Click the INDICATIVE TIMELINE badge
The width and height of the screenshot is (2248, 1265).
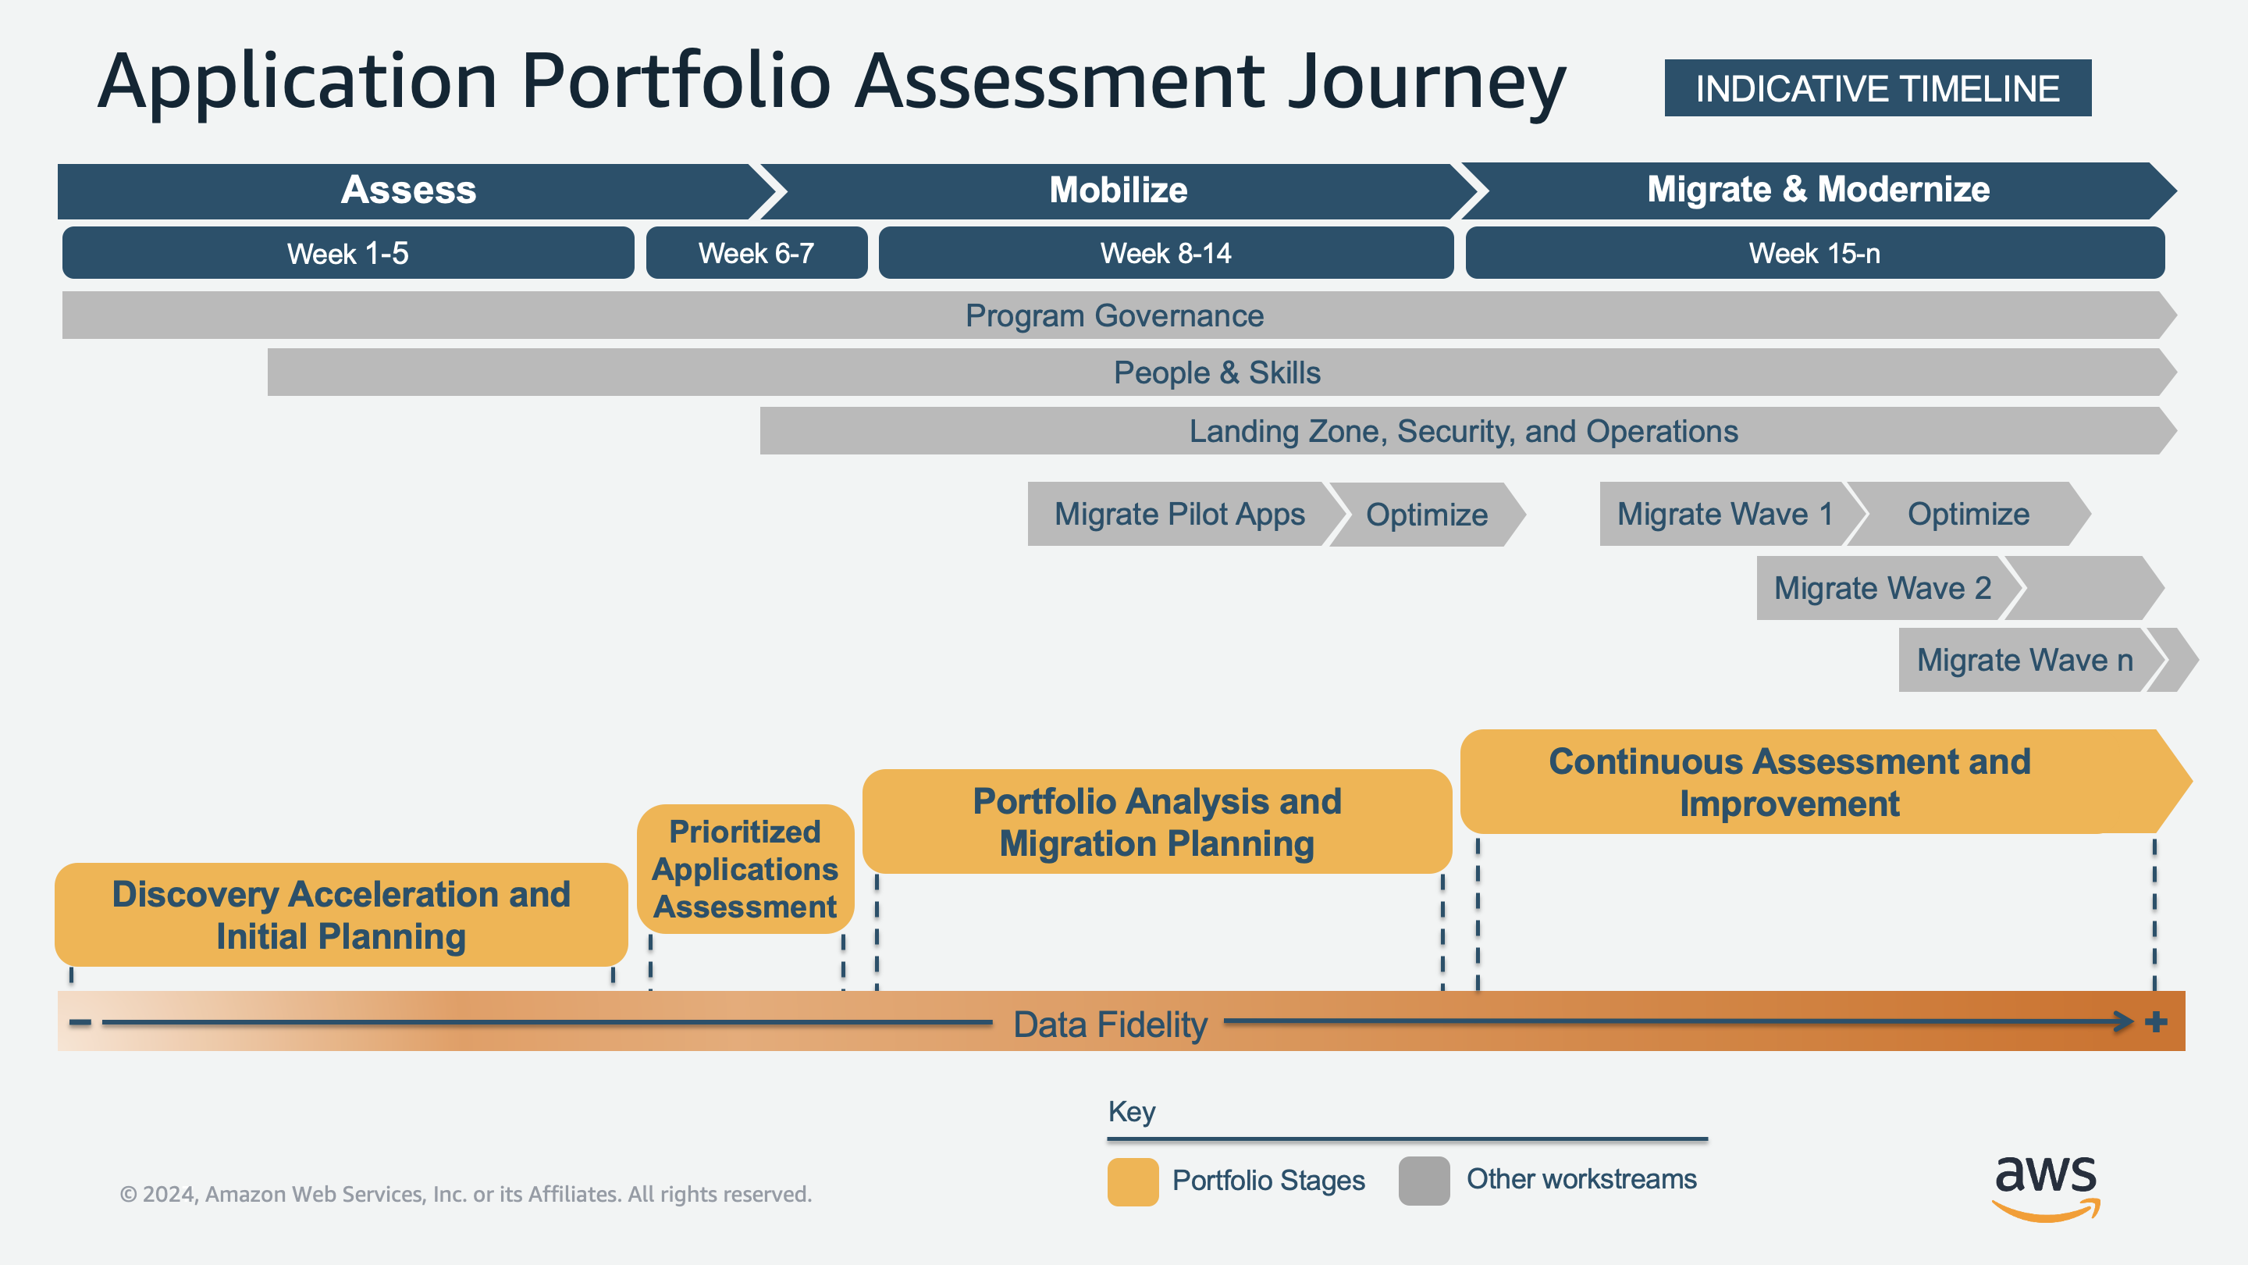click(1877, 88)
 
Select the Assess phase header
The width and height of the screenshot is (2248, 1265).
click(408, 191)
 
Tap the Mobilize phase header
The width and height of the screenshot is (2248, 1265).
click(1118, 191)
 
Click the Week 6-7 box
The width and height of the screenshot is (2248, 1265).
click(756, 253)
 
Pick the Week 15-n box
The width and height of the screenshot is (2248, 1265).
click(1814, 253)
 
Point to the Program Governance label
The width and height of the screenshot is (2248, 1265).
click(1114, 315)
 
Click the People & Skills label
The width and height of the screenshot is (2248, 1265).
click(1217, 372)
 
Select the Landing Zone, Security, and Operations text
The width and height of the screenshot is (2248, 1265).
click(1464, 431)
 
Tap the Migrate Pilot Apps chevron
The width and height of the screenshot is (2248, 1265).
click(1179, 515)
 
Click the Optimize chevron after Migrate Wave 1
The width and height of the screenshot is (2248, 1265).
click(1968, 515)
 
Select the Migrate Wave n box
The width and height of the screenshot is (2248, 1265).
click(2024, 660)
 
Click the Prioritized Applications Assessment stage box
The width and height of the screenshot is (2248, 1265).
click(745, 870)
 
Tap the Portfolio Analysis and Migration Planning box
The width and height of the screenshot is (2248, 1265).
click(1156, 822)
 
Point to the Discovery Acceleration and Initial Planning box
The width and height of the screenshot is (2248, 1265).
click(341, 915)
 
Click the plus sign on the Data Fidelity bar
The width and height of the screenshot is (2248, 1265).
click(2155, 1021)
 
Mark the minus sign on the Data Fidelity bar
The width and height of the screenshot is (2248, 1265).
click(80, 1022)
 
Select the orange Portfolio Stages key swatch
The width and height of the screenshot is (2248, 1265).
click(1133, 1181)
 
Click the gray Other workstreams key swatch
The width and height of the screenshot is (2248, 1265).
click(1423, 1181)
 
